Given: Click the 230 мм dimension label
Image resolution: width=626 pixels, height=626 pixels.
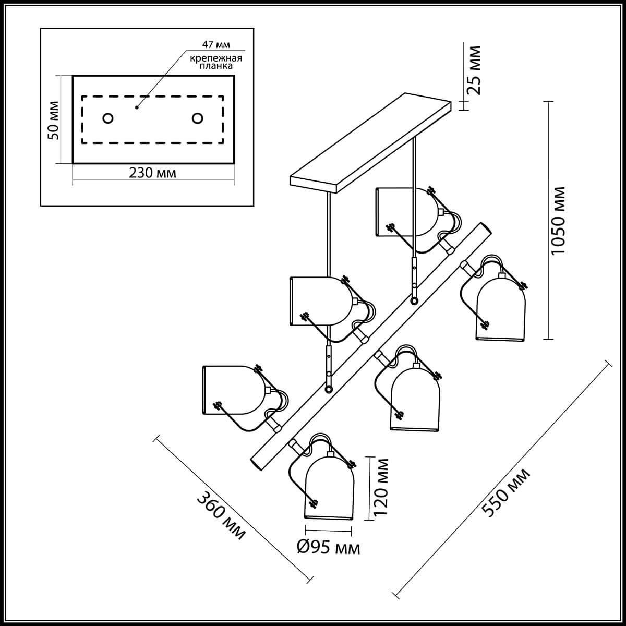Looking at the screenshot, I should click(153, 173).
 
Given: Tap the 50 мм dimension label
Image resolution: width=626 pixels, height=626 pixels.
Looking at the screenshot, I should click(53, 120).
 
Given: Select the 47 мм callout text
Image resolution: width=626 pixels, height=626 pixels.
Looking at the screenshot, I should click(215, 43).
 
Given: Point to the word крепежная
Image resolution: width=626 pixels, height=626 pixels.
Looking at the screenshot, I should click(215, 57).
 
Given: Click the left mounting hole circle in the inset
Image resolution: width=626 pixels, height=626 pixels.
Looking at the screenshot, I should click(108, 118).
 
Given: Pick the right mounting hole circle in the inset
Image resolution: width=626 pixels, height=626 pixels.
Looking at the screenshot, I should click(197, 118).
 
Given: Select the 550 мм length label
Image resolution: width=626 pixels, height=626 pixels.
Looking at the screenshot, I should click(505, 492).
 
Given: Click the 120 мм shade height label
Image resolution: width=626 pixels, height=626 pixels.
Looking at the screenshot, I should click(382, 487).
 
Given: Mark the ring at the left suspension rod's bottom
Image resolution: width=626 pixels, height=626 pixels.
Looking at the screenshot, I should click(329, 389).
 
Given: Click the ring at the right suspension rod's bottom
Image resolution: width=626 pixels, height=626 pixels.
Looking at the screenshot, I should click(414, 301).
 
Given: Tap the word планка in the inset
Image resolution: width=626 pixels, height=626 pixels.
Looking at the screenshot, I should click(215, 66).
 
